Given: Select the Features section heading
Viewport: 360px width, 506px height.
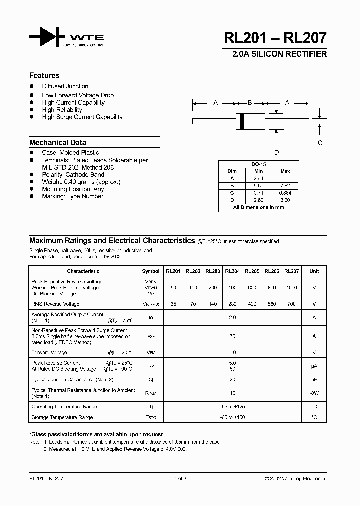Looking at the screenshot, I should (44, 76).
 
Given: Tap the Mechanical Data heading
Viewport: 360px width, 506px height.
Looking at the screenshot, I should (57, 142).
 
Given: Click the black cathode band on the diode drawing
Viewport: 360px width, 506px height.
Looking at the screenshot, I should (242, 121).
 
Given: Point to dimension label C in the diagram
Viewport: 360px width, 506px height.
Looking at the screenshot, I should (320, 143).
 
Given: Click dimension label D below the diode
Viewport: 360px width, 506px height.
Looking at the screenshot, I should (276, 153).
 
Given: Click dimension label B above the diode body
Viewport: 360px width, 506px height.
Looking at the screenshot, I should (250, 103).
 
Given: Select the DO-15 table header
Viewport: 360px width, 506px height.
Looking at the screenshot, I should (258, 164).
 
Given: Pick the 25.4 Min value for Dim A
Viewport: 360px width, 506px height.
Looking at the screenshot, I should (258, 178).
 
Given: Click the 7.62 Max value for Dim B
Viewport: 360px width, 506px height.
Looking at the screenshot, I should (285, 185).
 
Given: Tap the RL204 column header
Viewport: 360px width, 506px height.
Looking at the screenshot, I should (232, 271).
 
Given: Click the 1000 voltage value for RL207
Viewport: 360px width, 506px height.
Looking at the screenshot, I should (291, 288).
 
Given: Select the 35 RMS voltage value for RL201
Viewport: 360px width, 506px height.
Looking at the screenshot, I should (173, 304).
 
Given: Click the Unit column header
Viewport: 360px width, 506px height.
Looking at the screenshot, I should (314, 271).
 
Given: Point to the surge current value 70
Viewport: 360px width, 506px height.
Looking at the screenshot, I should (232, 336).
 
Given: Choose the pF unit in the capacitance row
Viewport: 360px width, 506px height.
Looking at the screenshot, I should (314, 379).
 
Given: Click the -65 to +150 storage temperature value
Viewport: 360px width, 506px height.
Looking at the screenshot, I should (232, 417).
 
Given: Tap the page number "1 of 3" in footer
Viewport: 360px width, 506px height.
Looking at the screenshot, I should (180, 478).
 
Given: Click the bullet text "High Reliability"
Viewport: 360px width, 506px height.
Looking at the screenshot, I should (62, 110).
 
